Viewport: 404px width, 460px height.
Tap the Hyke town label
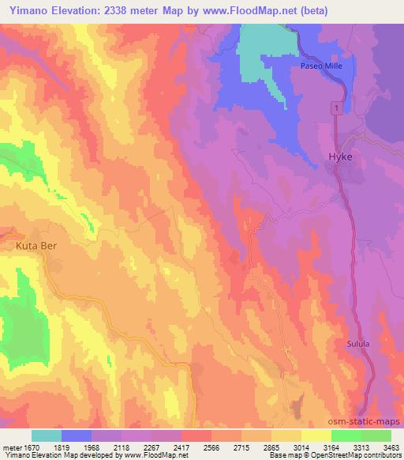pos(340,157)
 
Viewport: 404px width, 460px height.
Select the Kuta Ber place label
pos(37,246)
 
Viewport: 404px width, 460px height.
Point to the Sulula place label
pos(358,344)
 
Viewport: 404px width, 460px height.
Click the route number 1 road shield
pos(336,107)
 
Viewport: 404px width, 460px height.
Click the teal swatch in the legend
pos(47,435)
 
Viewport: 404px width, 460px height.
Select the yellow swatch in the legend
pos(316,435)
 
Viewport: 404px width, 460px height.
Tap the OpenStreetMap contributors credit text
pos(358,456)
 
